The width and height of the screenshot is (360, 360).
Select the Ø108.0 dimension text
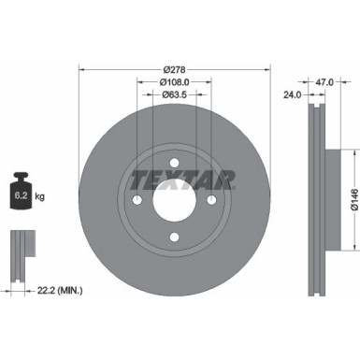(174, 81)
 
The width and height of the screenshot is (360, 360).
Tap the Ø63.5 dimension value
(174, 94)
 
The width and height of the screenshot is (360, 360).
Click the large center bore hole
(174, 199)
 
